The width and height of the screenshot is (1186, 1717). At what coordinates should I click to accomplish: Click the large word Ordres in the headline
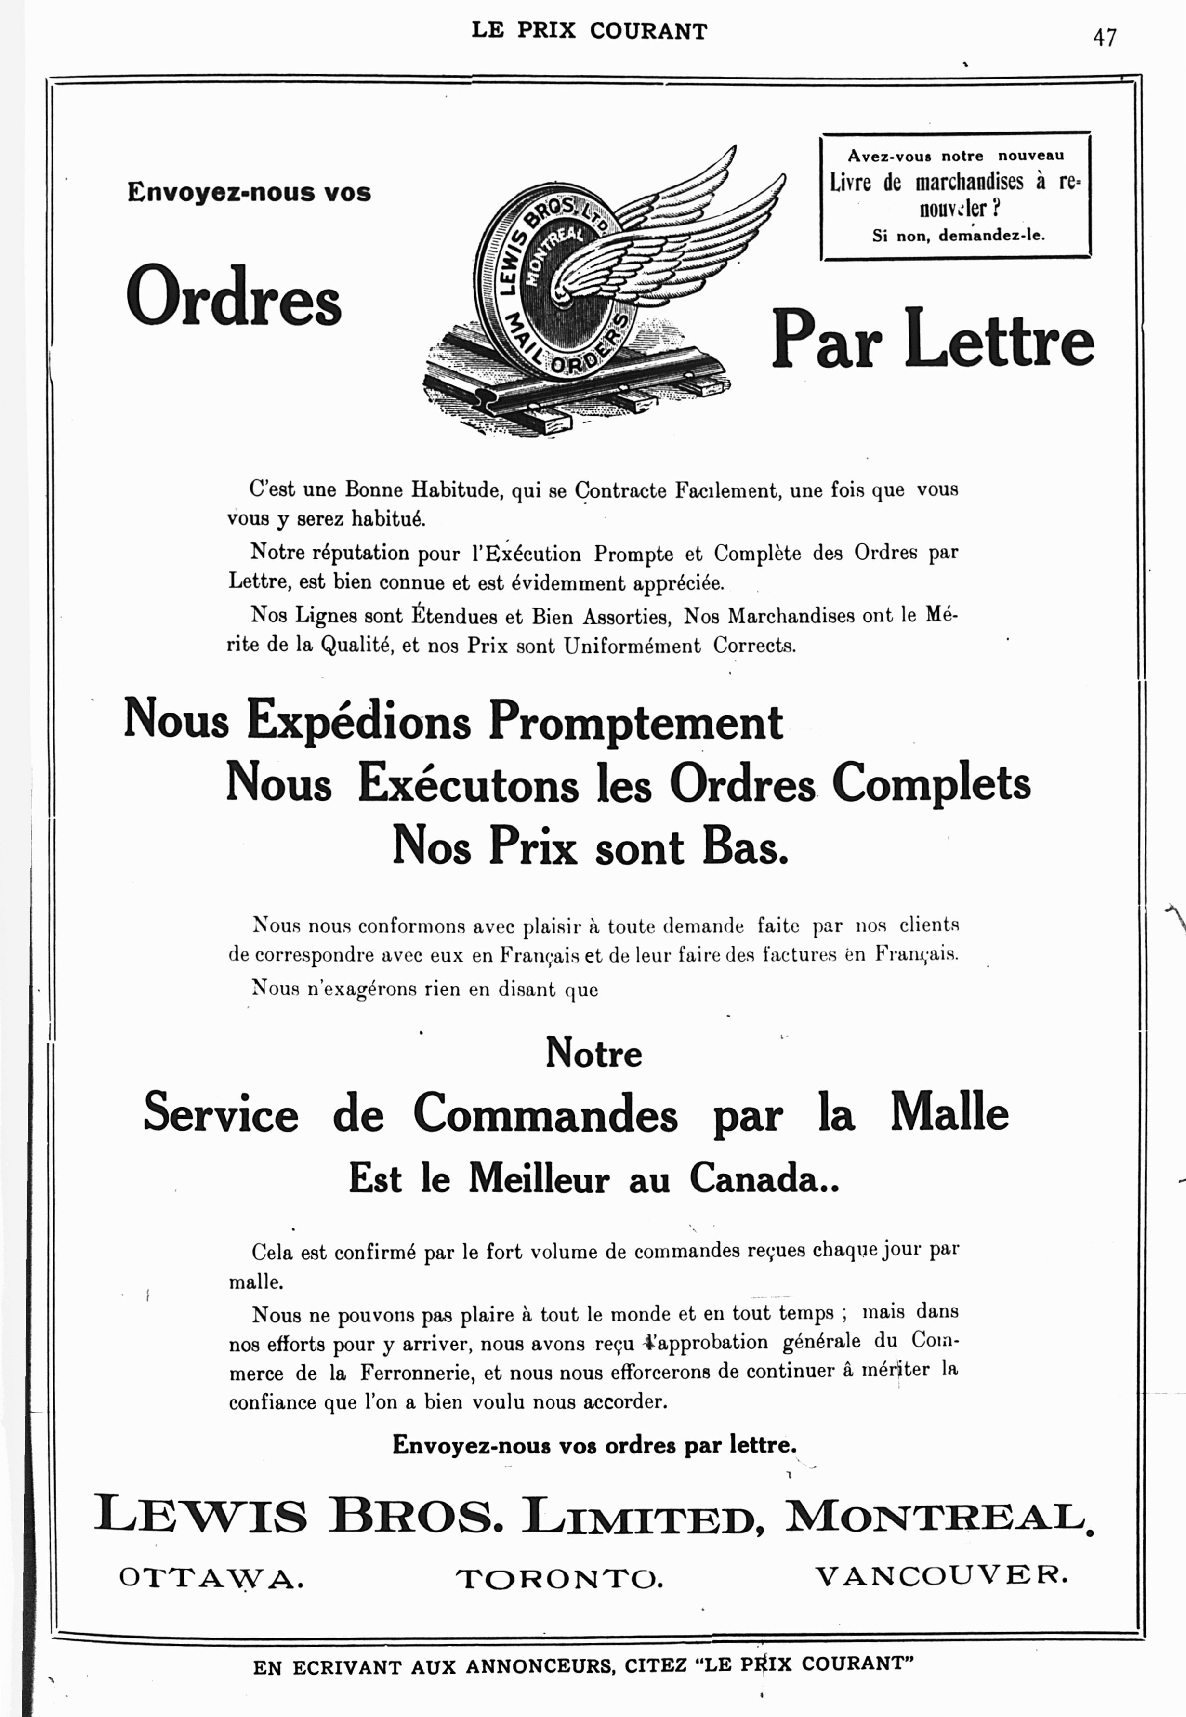[x=233, y=296]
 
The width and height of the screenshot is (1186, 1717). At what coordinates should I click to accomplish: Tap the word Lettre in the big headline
[x=1000, y=340]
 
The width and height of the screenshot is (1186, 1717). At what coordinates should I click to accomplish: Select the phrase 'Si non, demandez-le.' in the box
[x=958, y=236]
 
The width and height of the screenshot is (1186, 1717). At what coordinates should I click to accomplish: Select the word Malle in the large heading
[x=949, y=1113]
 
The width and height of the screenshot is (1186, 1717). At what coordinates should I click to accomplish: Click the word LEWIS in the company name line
[x=201, y=1516]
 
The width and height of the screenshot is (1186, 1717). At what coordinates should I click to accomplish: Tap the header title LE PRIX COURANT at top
[x=589, y=31]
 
